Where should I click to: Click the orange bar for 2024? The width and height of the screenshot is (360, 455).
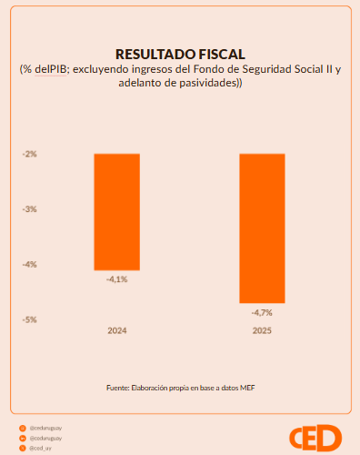[x=116, y=211]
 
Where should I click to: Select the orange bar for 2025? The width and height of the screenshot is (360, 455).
[x=262, y=227]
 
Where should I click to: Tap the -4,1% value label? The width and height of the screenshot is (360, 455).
[x=116, y=279]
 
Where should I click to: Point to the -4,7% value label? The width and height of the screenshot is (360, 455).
[x=262, y=312]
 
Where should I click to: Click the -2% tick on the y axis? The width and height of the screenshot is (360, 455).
[x=30, y=154]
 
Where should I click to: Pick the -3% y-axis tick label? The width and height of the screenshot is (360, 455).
[x=30, y=209]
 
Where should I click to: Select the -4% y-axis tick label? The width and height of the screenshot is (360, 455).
[x=30, y=265]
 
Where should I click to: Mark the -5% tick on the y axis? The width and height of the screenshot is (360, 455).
[x=30, y=319]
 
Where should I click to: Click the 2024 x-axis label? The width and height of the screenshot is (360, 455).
[x=116, y=330]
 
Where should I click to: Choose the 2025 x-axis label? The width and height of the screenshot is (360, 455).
[x=262, y=330]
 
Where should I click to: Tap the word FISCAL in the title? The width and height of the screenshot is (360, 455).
[x=220, y=54]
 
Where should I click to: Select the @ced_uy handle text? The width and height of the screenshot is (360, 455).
[x=40, y=449]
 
